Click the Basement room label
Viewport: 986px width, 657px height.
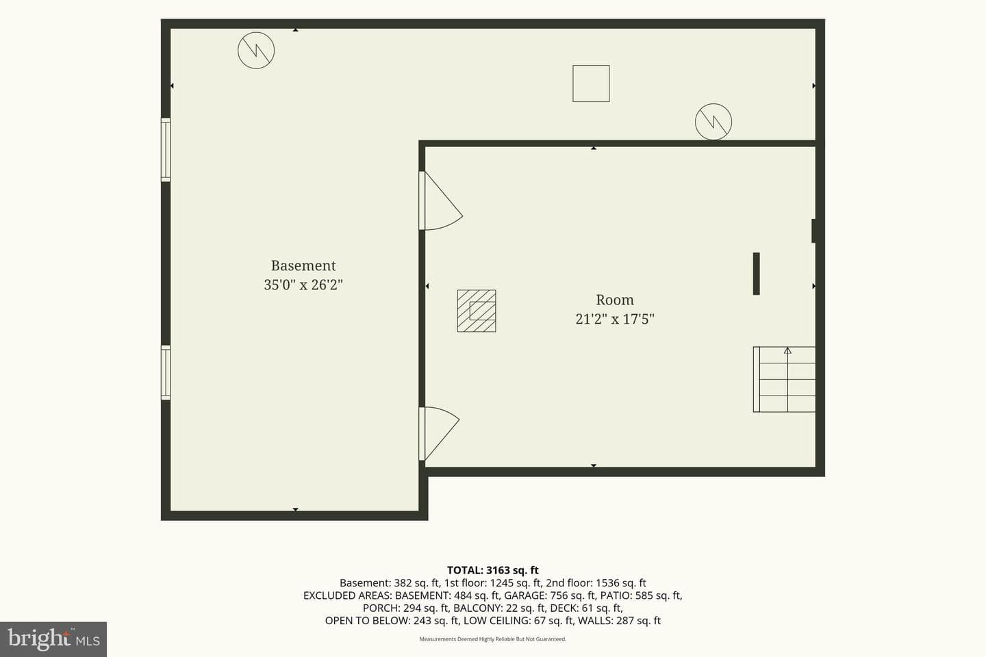tap(303, 266)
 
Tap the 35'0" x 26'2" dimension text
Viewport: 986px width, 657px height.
tap(303, 285)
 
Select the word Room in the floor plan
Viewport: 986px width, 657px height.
tap(615, 300)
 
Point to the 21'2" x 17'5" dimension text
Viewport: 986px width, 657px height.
tap(615, 319)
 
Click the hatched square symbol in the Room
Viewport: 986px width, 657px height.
tap(477, 311)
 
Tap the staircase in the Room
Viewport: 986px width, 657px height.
tap(784, 379)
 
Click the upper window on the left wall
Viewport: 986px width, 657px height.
tap(166, 150)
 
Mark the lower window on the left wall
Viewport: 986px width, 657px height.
tap(166, 373)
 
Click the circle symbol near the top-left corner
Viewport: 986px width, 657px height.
tap(256, 50)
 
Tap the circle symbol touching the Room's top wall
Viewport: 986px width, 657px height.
tap(713, 122)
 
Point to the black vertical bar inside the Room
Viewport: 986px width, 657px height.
tap(756, 274)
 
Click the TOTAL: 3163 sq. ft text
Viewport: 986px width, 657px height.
tap(492, 570)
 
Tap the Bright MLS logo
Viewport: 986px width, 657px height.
tap(53, 639)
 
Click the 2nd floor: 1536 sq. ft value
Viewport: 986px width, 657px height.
tap(596, 583)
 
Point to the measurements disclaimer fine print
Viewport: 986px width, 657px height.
tap(492, 639)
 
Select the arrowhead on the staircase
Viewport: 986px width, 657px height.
tap(787, 350)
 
